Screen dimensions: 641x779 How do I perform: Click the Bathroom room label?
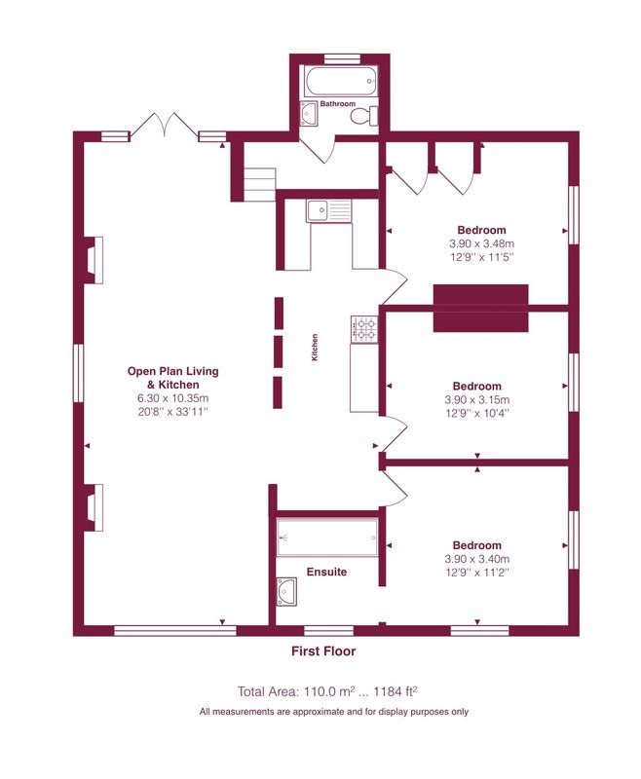(x=337, y=103)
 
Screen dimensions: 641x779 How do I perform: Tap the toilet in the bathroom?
(x=364, y=116)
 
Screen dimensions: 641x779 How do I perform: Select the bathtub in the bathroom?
(x=341, y=81)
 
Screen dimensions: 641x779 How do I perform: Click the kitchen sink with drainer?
(x=328, y=210)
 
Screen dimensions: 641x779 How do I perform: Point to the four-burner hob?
(x=364, y=329)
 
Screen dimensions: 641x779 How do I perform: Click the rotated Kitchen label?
(x=314, y=348)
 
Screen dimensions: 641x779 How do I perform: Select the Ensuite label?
(x=326, y=572)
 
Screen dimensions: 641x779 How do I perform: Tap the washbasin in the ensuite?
(x=286, y=591)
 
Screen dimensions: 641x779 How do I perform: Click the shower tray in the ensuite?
(x=327, y=538)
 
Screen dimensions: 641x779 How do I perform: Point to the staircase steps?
(x=259, y=184)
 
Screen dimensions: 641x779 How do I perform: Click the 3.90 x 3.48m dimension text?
(x=481, y=243)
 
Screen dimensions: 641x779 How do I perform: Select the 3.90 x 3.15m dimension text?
(x=477, y=399)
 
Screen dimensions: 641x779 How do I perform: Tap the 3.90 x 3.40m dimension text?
(x=477, y=558)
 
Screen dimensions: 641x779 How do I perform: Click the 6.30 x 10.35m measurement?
(x=173, y=397)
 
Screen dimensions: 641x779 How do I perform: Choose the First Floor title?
(x=323, y=650)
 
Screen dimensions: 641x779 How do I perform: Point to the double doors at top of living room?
(x=164, y=126)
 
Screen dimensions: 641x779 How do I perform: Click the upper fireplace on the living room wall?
(x=94, y=260)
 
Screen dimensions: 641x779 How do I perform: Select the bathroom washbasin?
(x=308, y=113)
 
